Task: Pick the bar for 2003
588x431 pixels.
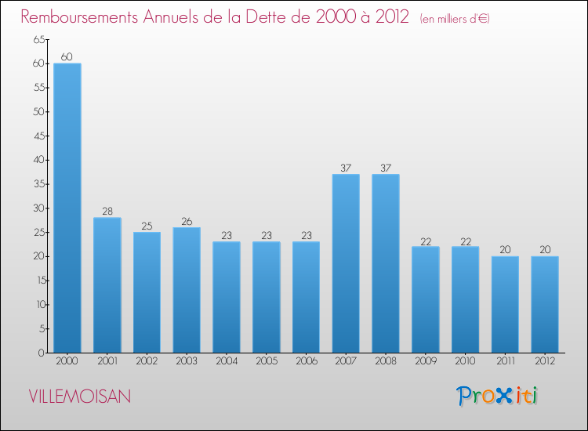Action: click(187, 290)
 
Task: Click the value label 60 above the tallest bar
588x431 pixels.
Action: click(67, 56)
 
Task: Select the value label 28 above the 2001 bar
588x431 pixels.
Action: click(107, 211)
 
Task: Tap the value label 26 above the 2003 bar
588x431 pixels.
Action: click(187, 221)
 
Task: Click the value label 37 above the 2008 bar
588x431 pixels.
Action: click(386, 168)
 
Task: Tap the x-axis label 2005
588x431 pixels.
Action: click(267, 361)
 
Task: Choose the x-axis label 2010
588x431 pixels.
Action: click(466, 361)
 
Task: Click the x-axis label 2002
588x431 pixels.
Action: click(147, 361)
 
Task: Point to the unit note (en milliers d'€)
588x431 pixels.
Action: click(455, 18)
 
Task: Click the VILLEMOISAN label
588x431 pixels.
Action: click(79, 397)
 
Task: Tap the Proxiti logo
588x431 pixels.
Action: click(497, 396)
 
